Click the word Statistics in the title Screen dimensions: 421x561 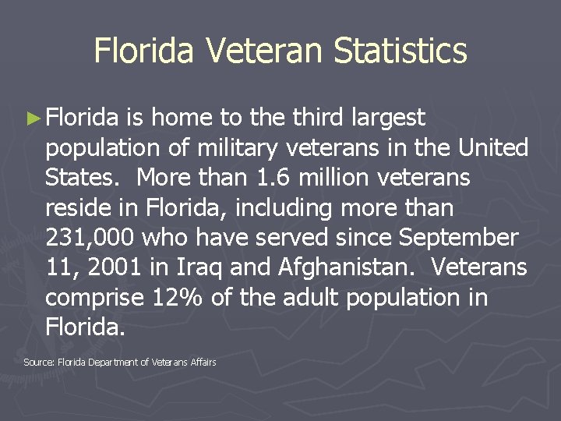[x=400, y=51]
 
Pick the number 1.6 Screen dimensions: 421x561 [x=276, y=178]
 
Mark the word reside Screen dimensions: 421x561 [x=76, y=208]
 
